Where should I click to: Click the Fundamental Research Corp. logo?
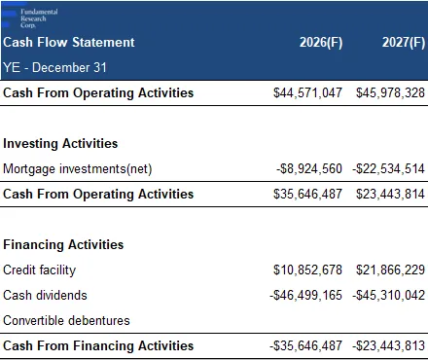coord(30,18)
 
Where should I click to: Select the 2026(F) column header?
coord(321,43)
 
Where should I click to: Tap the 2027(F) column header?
coord(404,43)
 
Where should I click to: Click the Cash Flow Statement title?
coord(69,42)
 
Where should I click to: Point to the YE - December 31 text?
coord(54,67)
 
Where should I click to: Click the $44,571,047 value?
coord(307,92)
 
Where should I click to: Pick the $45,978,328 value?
coord(390,92)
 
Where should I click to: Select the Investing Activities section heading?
coord(60,143)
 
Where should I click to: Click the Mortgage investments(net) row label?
coord(78,169)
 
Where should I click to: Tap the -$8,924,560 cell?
coord(309,168)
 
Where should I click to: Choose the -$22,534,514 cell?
coord(389,168)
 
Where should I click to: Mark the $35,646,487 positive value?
coord(307,194)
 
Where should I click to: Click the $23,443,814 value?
coord(390,194)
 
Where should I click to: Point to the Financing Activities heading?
coord(63,244)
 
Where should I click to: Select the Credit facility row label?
coord(39,270)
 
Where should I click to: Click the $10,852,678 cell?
coord(307,270)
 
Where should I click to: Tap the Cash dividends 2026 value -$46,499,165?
coord(306,295)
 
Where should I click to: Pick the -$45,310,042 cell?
coord(389,295)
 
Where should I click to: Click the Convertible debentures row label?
coord(66,320)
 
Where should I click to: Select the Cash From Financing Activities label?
coord(98,345)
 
